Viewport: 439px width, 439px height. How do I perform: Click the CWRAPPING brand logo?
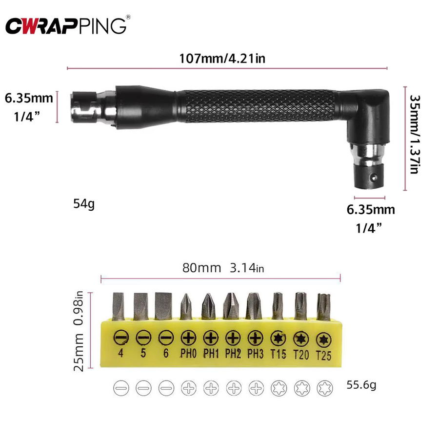tap(66, 26)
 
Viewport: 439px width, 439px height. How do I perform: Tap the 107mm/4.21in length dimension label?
tap(222, 59)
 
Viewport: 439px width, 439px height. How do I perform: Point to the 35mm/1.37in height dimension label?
tap(415, 135)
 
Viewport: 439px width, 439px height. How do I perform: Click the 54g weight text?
tap(84, 204)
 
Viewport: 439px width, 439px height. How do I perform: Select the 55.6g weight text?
tap(361, 385)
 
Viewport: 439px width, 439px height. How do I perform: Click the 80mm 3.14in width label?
tap(223, 268)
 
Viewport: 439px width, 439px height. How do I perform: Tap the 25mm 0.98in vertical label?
tap(79, 331)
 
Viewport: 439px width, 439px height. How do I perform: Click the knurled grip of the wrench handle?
tap(259, 106)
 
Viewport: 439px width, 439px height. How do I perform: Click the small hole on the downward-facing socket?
tap(373, 177)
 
